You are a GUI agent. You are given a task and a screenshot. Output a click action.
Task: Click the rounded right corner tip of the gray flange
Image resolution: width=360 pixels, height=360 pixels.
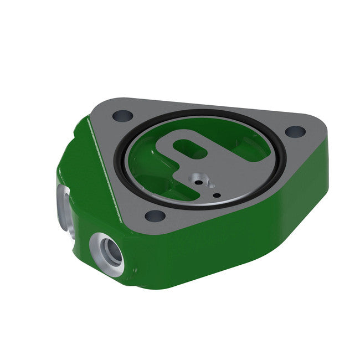click(x=321, y=130)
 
